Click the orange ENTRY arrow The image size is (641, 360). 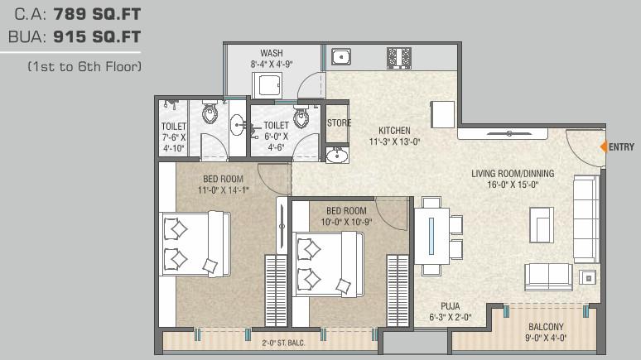pos(604,146)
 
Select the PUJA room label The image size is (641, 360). pos(450,310)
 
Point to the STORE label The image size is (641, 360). pos(339,123)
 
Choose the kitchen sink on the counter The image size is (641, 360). pos(340,56)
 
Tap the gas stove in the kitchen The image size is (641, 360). pos(398,57)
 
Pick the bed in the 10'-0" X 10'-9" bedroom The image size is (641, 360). pos(328,262)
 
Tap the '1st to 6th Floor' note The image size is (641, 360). pos(84,65)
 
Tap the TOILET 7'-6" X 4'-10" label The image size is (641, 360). pos(174,137)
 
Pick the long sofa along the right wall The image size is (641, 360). pos(586,218)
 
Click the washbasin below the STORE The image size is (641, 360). pos(337,156)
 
